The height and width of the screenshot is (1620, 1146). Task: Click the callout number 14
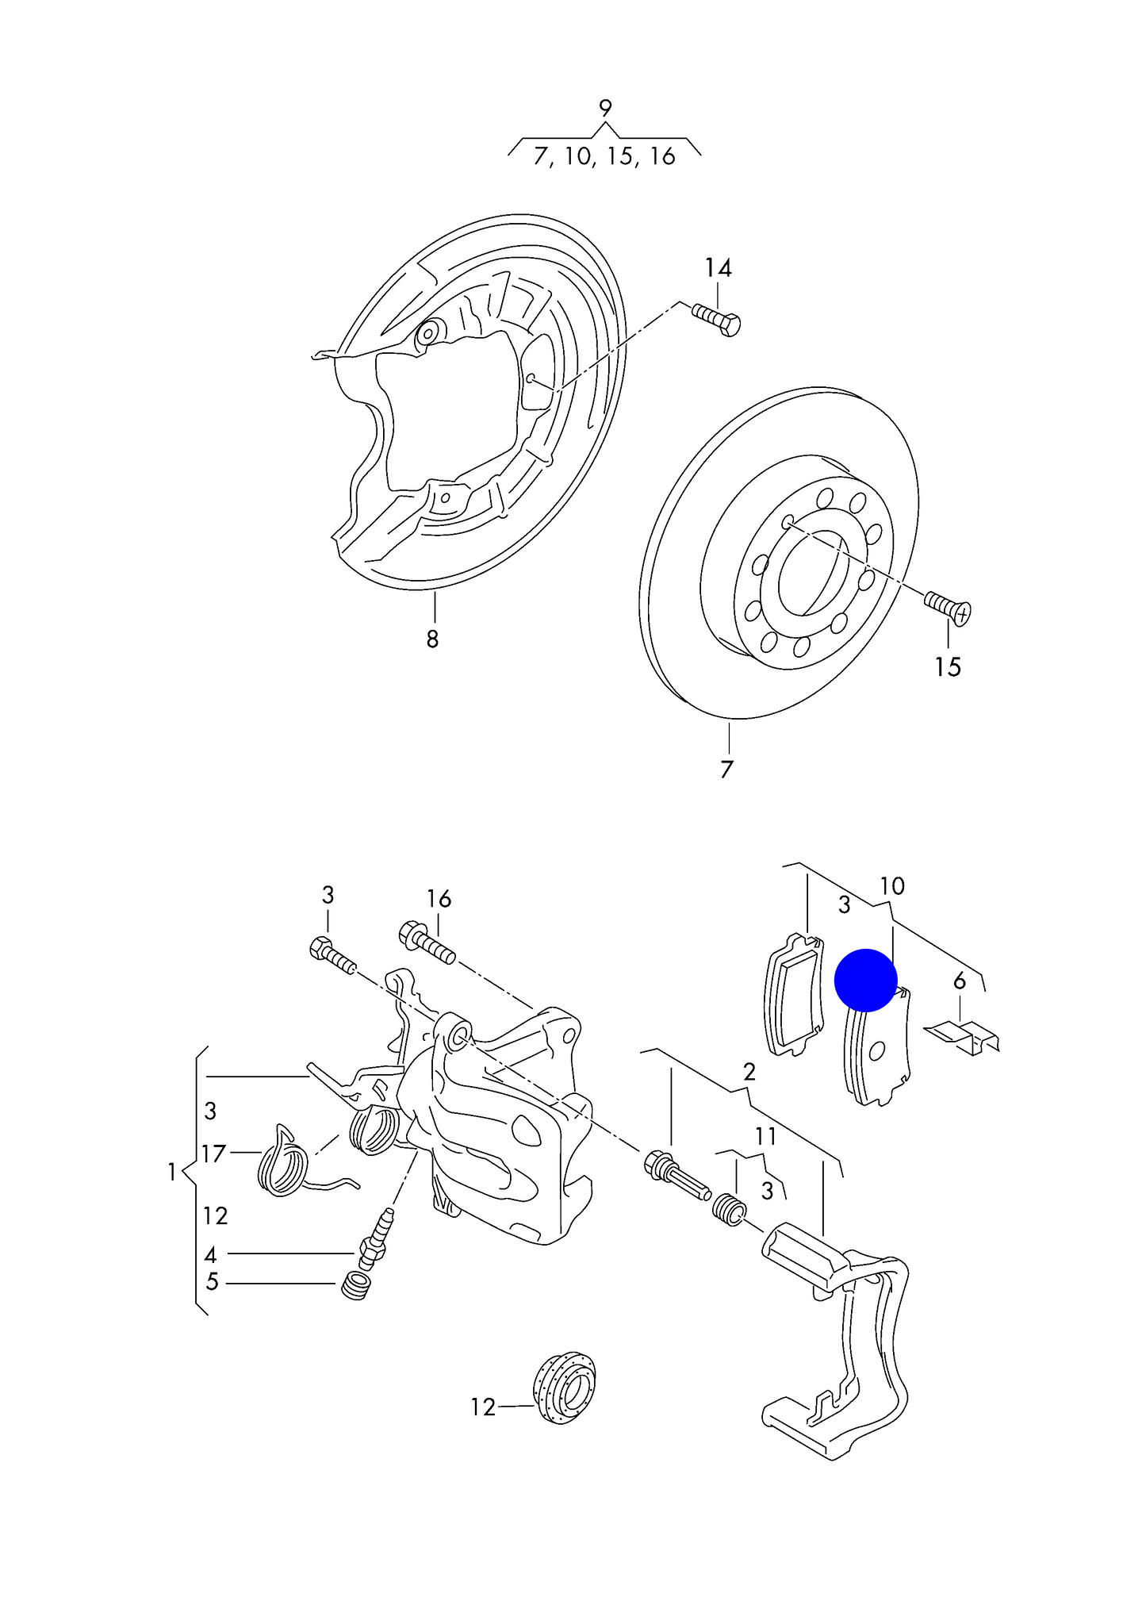click(x=718, y=268)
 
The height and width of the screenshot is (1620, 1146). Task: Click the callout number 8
click(x=432, y=639)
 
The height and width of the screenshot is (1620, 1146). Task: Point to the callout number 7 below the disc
click(x=726, y=769)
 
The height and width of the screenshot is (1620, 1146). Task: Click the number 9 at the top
click(x=605, y=108)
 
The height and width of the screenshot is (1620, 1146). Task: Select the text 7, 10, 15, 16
click(x=604, y=156)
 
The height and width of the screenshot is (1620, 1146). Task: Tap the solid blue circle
click(x=865, y=981)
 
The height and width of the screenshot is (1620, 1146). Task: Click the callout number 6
click(x=960, y=981)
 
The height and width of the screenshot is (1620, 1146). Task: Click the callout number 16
click(x=439, y=899)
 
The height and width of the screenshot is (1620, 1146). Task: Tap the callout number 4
click(x=210, y=1254)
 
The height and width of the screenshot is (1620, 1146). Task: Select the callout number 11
click(x=765, y=1137)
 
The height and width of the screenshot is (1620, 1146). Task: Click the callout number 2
click(x=749, y=1073)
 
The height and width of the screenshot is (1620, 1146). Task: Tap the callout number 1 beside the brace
click(x=171, y=1171)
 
